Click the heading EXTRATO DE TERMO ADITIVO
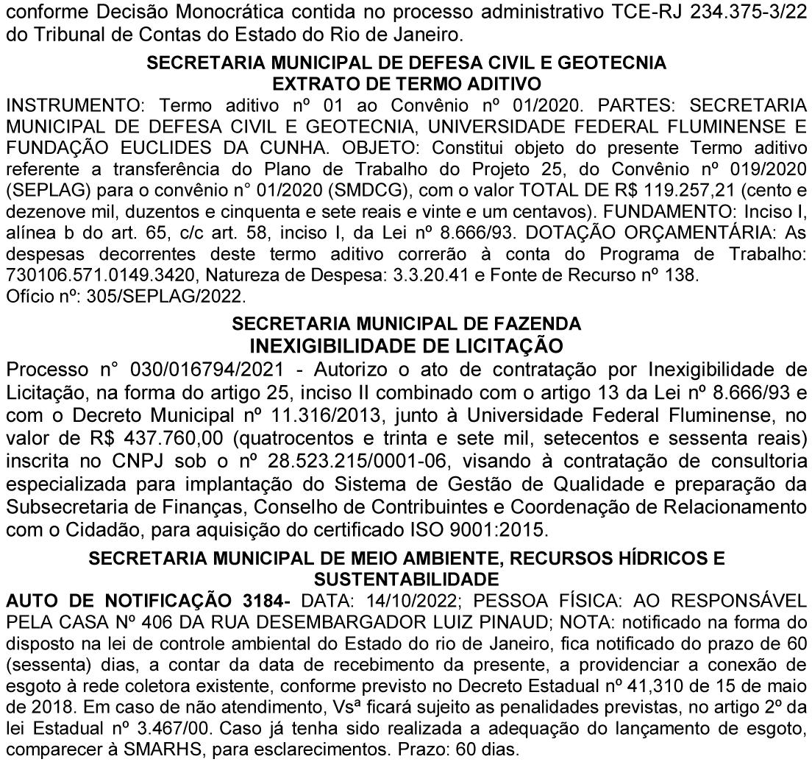coord(407,82)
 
